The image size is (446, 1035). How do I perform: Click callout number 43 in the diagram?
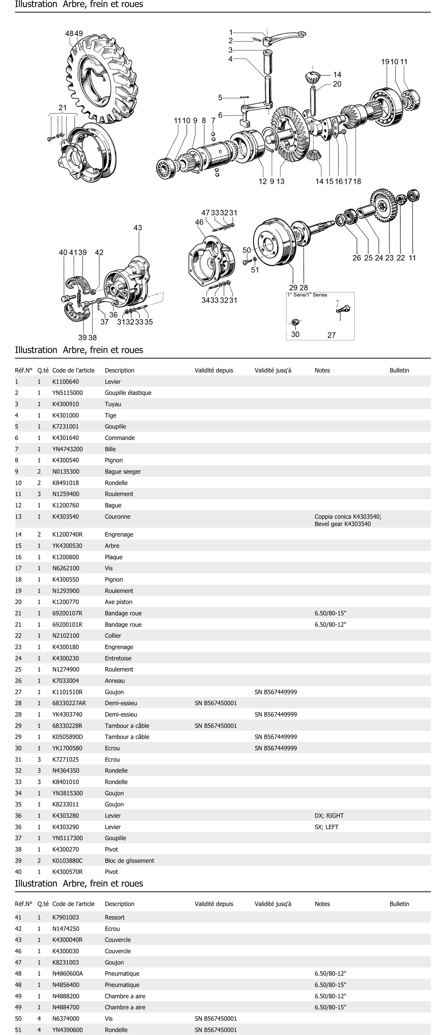pyautogui.click(x=138, y=228)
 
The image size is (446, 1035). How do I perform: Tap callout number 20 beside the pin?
pyautogui.click(x=337, y=84)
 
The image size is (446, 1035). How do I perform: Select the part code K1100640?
pyautogui.click(x=65, y=382)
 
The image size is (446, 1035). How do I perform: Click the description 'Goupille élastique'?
pyautogui.click(x=128, y=393)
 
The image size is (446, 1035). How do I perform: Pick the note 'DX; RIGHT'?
pyautogui.click(x=329, y=816)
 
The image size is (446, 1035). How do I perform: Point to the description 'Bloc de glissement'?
pyautogui.click(x=129, y=861)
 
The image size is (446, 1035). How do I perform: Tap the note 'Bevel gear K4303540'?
pyautogui.click(x=343, y=524)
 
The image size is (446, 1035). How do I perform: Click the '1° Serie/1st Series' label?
pyautogui.click(x=307, y=295)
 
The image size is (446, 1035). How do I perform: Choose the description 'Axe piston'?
pyautogui.click(x=119, y=602)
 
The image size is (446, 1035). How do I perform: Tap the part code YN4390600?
pyautogui.click(x=67, y=1030)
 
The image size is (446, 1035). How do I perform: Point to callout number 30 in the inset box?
pyautogui.click(x=295, y=334)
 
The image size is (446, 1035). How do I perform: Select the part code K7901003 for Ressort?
pyautogui.click(x=65, y=917)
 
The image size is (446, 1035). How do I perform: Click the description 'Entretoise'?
pyautogui.click(x=118, y=658)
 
